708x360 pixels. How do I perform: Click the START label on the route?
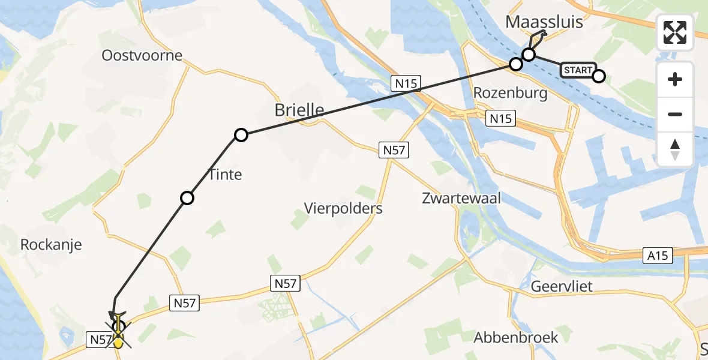[578, 70]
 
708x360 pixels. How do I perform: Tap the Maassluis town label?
[544, 23]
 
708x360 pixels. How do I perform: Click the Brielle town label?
[299, 110]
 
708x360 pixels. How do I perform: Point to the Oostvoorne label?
[142, 56]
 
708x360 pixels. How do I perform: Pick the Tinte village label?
[225, 175]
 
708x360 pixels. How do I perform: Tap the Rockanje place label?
[51, 245]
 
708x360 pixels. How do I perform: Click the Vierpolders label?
[343, 208]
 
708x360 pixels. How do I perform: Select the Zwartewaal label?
[461, 198]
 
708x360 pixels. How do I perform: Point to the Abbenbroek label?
[516, 337]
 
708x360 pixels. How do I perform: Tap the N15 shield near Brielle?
[406, 83]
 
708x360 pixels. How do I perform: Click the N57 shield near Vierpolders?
[394, 150]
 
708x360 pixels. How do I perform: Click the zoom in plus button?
[676, 79]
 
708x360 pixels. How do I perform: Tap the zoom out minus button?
[676, 114]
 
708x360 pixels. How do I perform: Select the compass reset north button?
[676, 149]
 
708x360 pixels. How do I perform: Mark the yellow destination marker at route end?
[119, 342]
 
